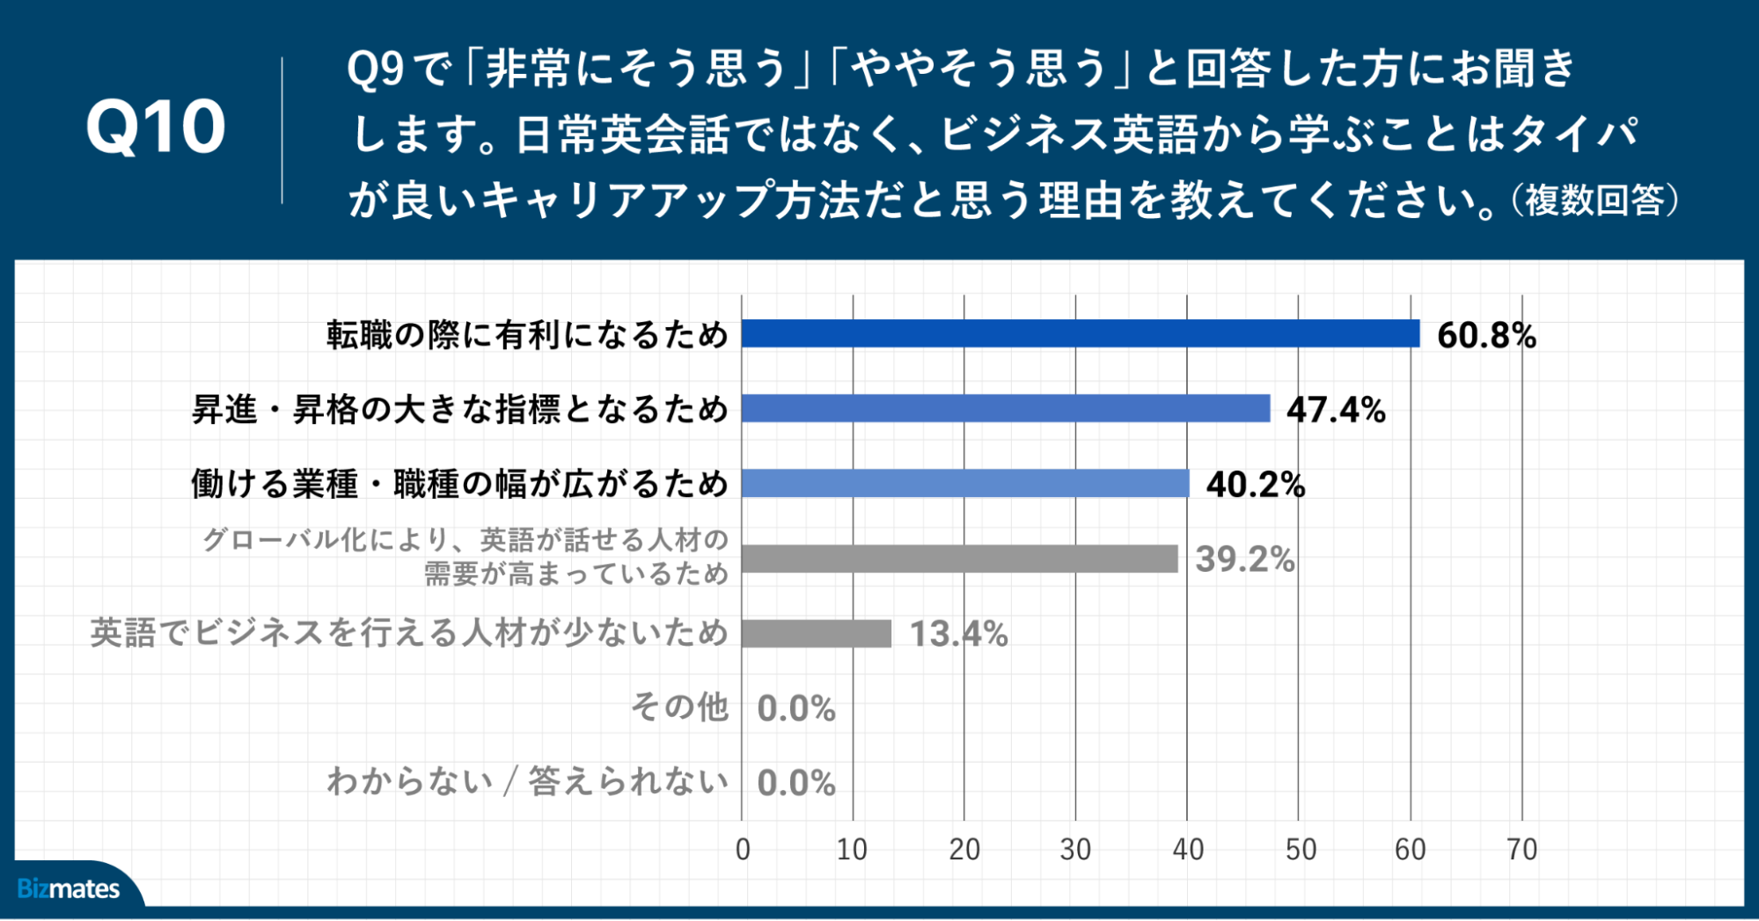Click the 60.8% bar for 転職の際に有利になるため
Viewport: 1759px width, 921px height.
coord(1081,334)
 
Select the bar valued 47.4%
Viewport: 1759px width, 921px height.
coord(1006,409)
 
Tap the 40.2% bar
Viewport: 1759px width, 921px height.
coord(965,484)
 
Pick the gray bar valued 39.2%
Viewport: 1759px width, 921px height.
coord(960,559)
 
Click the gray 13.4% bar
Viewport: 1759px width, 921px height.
coord(817,633)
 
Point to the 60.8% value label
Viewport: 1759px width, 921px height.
coord(1486,335)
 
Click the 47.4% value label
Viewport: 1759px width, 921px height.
coord(1336,410)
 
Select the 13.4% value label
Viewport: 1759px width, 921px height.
coord(958,634)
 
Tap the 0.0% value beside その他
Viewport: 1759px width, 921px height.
coord(796,708)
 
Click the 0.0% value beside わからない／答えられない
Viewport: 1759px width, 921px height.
coord(796,783)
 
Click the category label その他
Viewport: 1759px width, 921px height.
coord(680,707)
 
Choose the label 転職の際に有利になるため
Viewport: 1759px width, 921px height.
coord(528,335)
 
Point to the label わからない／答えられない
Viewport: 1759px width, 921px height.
coord(528,782)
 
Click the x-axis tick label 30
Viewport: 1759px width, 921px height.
coord(1075,850)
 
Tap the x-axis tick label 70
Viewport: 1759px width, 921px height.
coord(1521,850)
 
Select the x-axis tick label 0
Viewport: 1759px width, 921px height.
coord(743,850)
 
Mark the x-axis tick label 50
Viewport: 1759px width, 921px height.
coord(1300,850)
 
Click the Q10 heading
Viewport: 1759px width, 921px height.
coord(156,128)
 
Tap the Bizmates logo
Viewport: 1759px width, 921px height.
coord(69,888)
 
